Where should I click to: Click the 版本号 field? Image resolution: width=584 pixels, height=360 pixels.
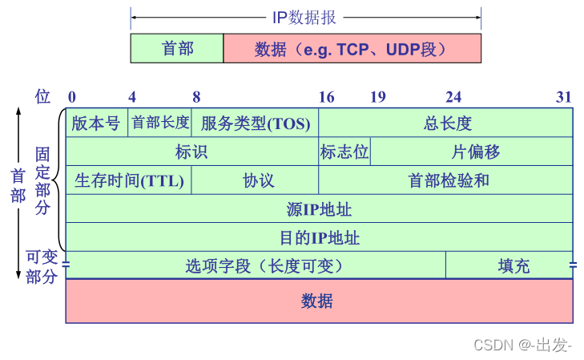point(96,123)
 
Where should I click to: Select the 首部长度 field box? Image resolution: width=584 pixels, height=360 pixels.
point(160,123)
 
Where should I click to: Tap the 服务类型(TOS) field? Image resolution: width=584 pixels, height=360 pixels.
point(255,123)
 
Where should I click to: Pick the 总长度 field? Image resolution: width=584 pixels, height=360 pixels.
point(446,123)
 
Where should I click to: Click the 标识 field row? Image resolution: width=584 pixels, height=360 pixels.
point(191,152)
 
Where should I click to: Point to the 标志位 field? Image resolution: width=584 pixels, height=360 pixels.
point(344,152)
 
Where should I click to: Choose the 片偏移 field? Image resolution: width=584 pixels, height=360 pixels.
point(472,152)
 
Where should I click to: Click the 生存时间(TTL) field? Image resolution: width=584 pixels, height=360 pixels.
point(129,180)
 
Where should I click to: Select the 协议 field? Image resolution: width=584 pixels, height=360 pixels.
point(256,180)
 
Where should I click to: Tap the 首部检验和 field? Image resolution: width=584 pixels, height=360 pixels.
point(446,180)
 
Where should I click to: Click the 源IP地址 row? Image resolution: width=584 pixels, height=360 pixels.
point(319,209)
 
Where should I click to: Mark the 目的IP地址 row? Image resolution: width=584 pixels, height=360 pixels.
point(319,237)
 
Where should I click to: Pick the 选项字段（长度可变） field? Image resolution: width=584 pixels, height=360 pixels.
point(256,265)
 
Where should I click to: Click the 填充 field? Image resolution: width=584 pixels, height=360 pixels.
point(509,265)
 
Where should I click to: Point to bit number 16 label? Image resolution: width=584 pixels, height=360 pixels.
point(326,97)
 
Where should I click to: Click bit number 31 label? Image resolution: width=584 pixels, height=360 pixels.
point(564,97)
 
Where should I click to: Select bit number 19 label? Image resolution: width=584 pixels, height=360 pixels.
point(377,97)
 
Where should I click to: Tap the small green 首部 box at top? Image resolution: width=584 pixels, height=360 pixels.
point(177,48)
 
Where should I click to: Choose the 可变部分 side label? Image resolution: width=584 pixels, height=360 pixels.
point(42,267)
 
